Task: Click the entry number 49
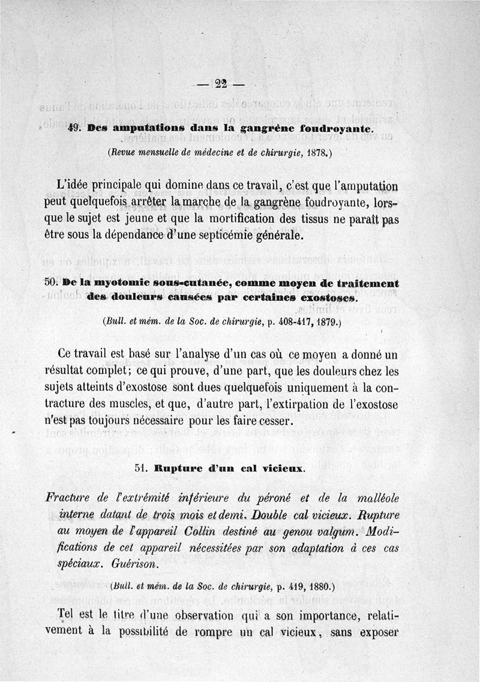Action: [x=74, y=128]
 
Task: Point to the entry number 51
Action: [x=142, y=469]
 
